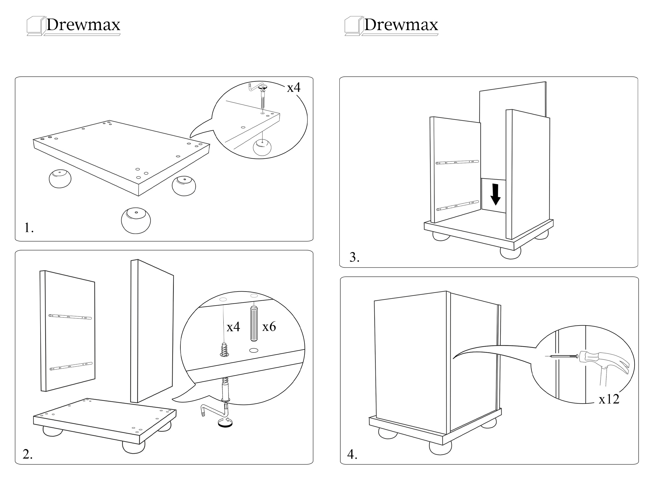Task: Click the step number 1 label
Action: pyautogui.click(x=29, y=228)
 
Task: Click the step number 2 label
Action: pyautogui.click(x=28, y=455)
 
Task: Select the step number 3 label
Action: pyautogui.click(x=354, y=257)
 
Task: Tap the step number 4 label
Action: pyautogui.click(x=352, y=455)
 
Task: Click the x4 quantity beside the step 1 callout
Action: pyautogui.click(x=293, y=87)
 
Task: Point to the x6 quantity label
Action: pyautogui.click(x=269, y=326)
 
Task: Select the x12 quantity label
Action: pyautogui.click(x=609, y=399)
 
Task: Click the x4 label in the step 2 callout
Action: pyautogui.click(x=233, y=327)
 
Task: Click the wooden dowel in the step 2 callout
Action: pyautogui.click(x=254, y=324)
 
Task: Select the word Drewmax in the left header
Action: pyautogui.click(x=83, y=25)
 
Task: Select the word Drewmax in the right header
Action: pyautogui.click(x=401, y=25)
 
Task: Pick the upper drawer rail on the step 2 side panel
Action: pyautogui.click(x=70, y=317)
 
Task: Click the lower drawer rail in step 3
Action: pyautogui.click(x=457, y=206)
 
